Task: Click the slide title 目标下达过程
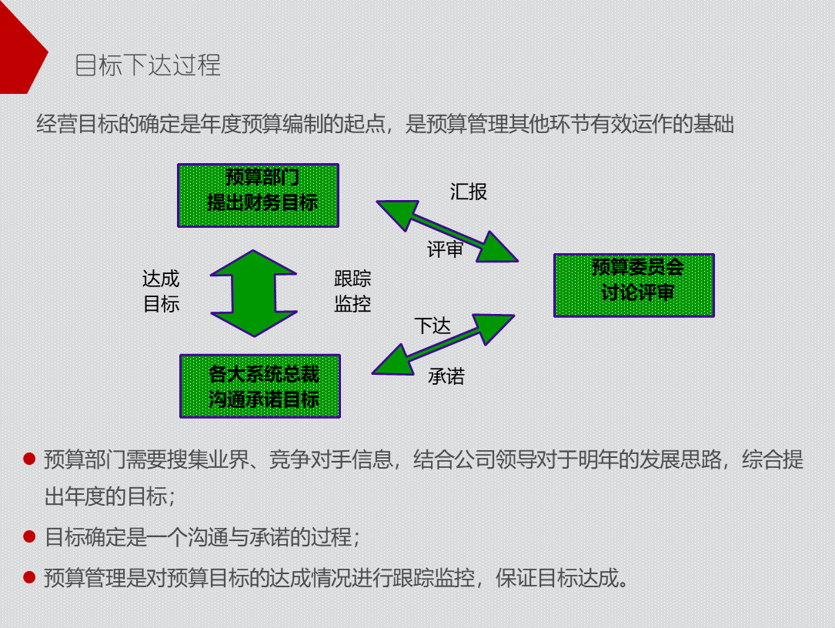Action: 148,65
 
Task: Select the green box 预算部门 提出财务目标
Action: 258,195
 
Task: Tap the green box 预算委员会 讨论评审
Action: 634,285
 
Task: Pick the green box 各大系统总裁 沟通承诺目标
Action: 260,386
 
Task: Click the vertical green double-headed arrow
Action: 253,293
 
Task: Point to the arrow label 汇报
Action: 469,192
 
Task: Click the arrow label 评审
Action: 446,249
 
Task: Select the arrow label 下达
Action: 433,326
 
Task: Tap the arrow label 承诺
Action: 446,376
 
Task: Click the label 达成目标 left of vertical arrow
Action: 161,292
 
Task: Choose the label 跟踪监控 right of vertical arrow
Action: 352,292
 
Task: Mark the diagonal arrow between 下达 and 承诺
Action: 443,344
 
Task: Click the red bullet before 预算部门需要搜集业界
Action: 30,460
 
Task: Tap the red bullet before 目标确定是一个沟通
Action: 30,536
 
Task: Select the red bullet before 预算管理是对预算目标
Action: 30,577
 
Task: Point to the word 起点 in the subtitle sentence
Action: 363,125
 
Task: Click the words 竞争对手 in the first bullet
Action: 319,460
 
